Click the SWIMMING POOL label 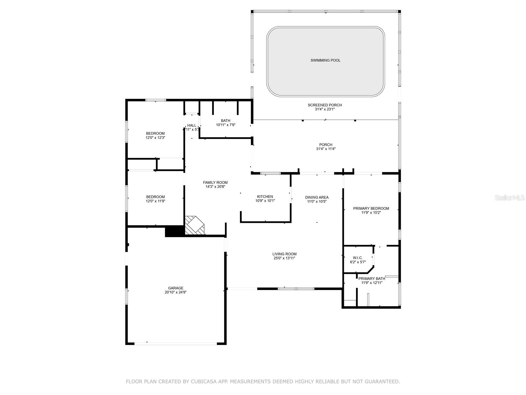coord(325,60)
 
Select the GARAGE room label coord(176,288)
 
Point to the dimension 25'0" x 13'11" coord(284,258)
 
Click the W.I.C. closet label coord(358,258)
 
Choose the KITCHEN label coord(265,197)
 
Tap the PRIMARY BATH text coord(372,278)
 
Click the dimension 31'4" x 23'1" coord(325,109)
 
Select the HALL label coord(192,125)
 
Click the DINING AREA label coord(317,197)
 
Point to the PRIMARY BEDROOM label coord(371,208)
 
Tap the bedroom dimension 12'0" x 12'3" coord(155,138)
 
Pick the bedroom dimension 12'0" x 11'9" coord(155,201)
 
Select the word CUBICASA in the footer coord(205,382)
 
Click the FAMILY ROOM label coord(215,182)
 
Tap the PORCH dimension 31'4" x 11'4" coord(325,149)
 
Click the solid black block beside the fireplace coord(174,231)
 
